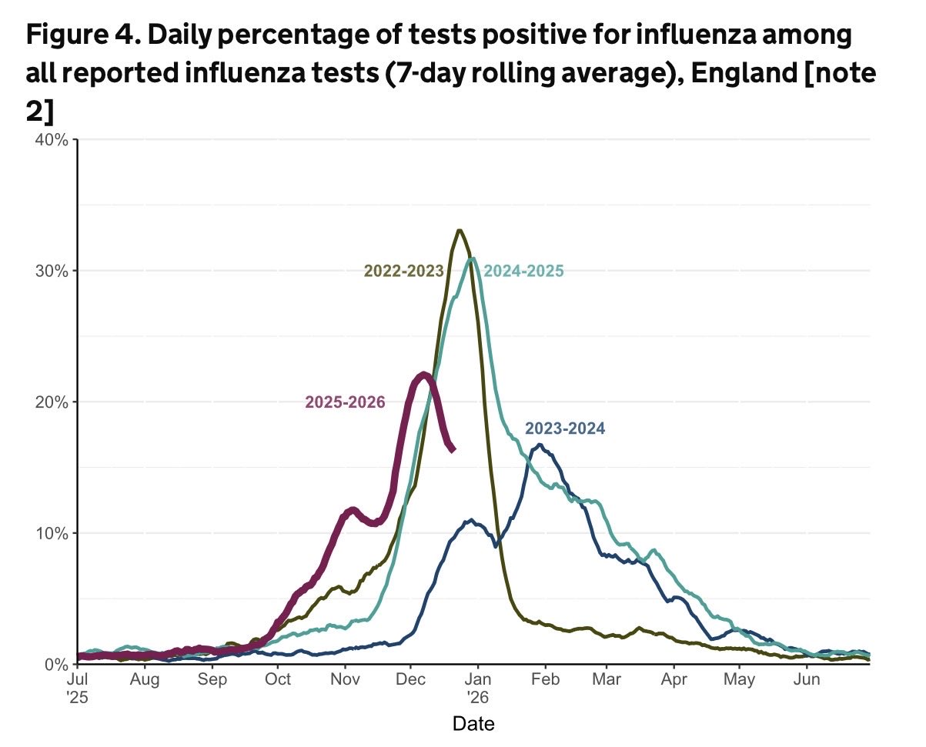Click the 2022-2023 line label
click(x=403, y=271)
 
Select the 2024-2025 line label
click(x=524, y=271)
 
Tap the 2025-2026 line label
click(x=345, y=402)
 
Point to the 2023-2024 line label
click(x=565, y=429)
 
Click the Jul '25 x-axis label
click(x=77, y=688)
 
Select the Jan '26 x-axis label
click(x=478, y=688)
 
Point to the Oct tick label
click(x=278, y=680)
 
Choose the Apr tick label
click(x=674, y=680)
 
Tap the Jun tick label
click(x=807, y=680)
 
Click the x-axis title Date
click(x=473, y=724)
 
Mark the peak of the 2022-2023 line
click(x=459, y=230)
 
